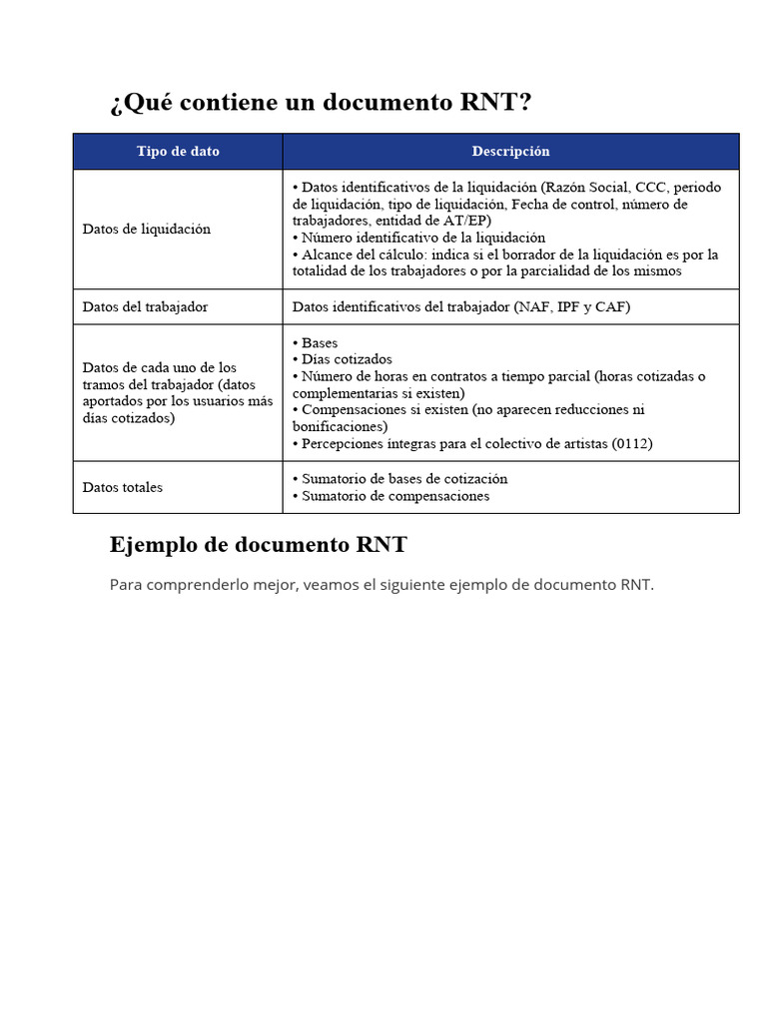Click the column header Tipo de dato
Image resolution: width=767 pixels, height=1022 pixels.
[x=178, y=152]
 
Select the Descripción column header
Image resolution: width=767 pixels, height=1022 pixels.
[x=510, y=152]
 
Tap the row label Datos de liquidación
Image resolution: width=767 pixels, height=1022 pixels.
[x=146, y=229]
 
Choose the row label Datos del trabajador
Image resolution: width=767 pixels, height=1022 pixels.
[x=145, y=306]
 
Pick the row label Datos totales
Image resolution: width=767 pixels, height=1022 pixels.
[x=122, y=487]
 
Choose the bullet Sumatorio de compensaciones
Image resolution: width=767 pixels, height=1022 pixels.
[x=395, y=496]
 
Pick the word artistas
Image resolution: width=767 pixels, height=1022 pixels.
[x=582, y=443]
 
